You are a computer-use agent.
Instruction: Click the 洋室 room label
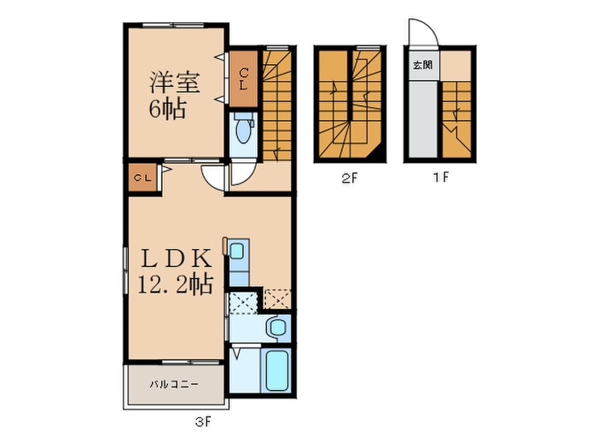tap(174, 82)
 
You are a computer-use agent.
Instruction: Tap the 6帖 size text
tap(167, 109)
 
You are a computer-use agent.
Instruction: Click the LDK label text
tap(176, 259)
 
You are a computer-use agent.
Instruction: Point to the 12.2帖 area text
tap(175, 284)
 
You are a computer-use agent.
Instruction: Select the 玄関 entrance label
tap(423, 65)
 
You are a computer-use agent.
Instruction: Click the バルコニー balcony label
tap(174, 384)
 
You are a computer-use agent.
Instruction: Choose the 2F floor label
tap(350, 177)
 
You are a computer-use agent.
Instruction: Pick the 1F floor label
tap(442, 177)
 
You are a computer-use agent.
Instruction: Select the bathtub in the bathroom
tap(277, 370)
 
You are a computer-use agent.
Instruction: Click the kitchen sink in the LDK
tap(237, 251)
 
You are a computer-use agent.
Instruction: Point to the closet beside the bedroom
tap(244, 79)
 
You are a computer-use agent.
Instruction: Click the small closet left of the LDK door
tap(142, 177)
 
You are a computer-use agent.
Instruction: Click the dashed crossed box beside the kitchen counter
tap(244, 302)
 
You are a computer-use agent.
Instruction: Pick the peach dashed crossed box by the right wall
tap(277, 299)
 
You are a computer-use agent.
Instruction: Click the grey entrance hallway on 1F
tap(423, 119)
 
